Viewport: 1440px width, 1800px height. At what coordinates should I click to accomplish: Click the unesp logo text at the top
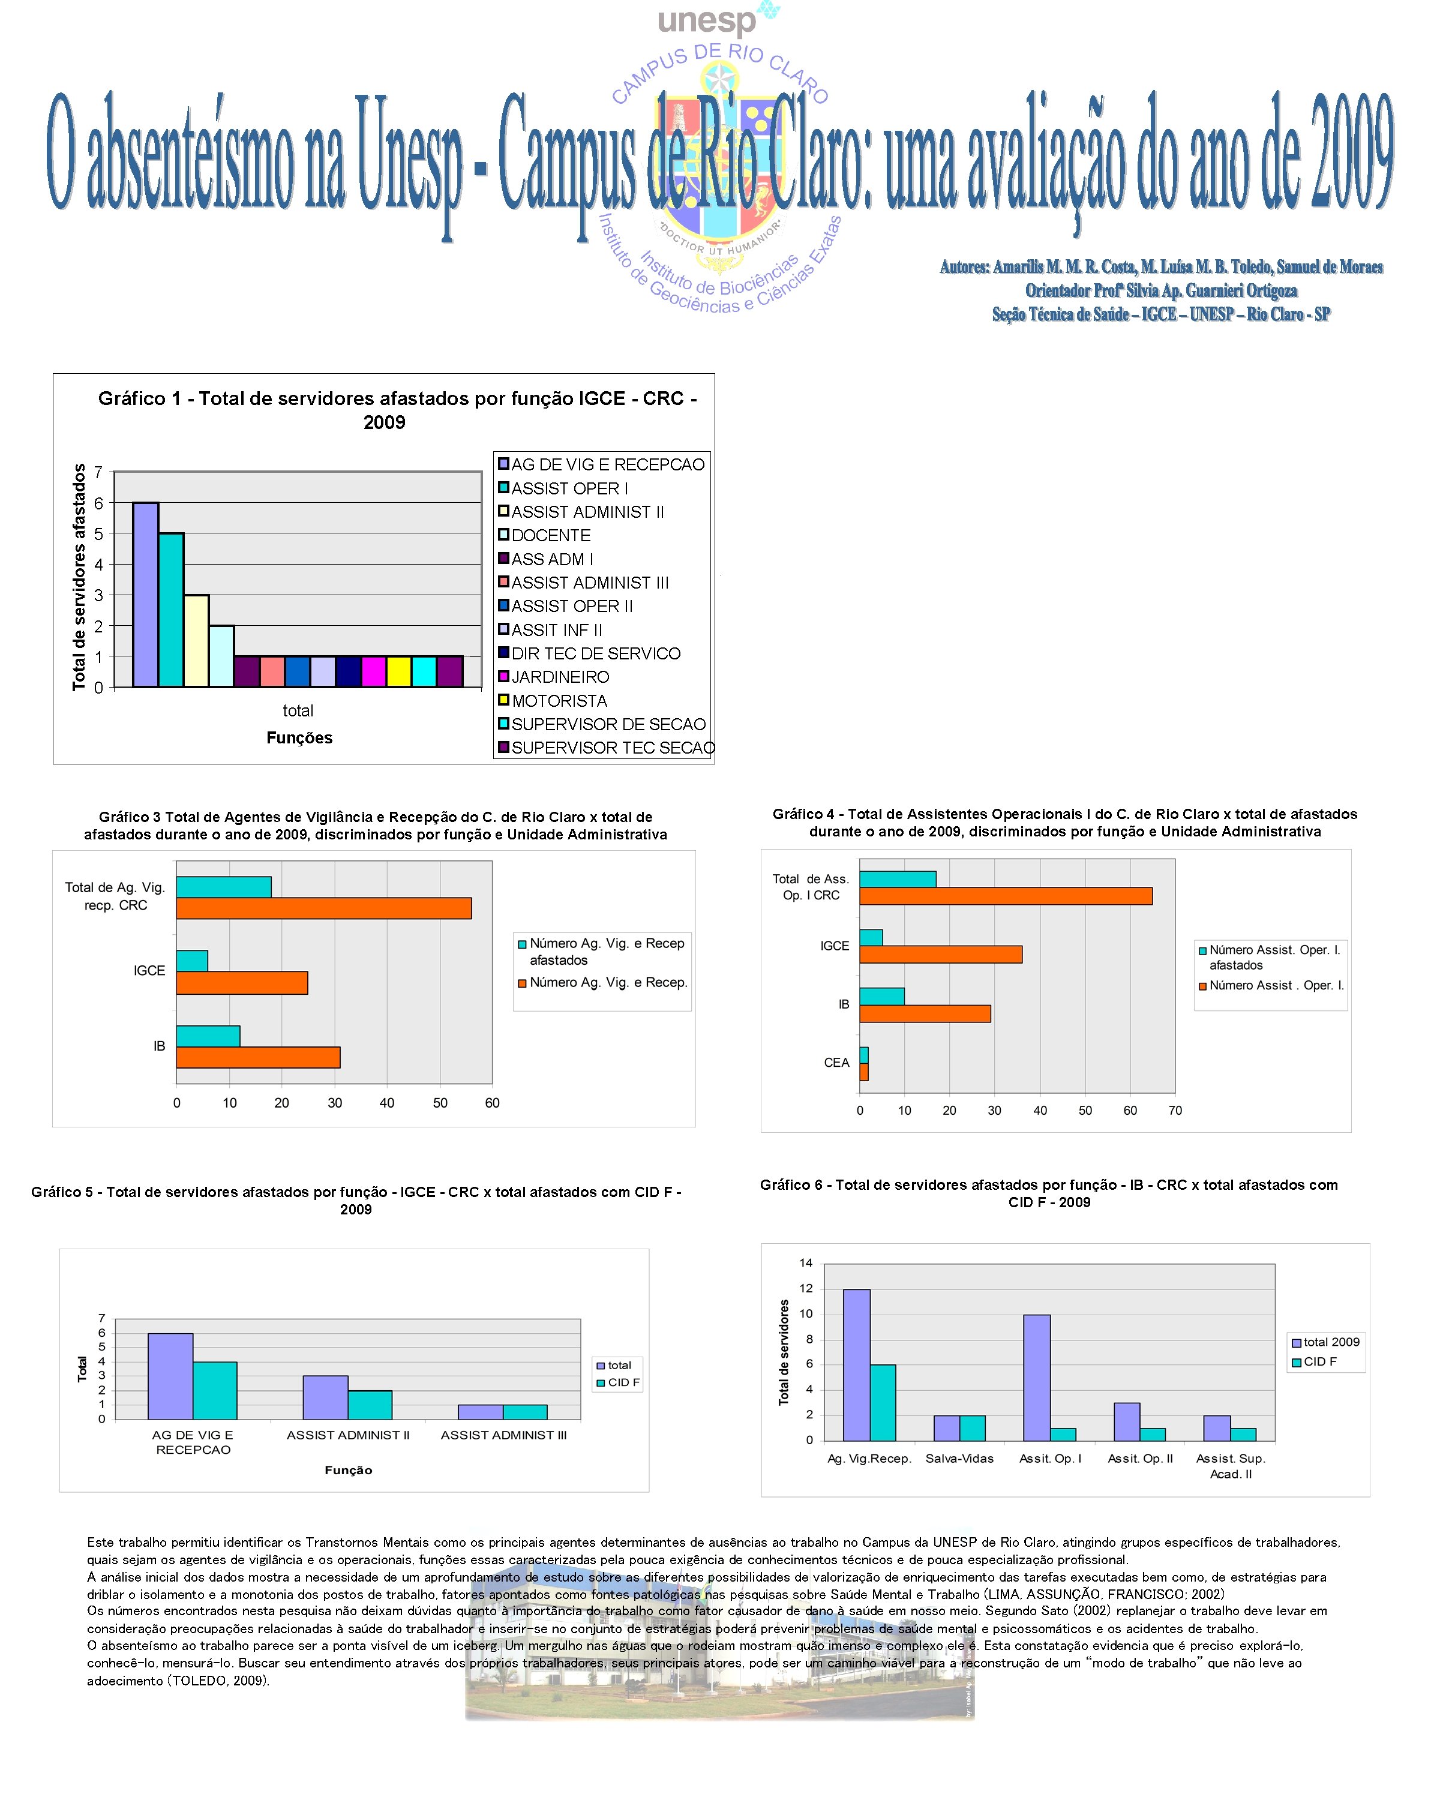707,21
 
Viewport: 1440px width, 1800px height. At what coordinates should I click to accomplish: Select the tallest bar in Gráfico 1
145,595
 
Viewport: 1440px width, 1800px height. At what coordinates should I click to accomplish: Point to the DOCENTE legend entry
550,535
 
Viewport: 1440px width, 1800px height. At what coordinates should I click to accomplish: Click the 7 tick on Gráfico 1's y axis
98,473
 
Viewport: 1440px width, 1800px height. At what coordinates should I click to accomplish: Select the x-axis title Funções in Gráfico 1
299,738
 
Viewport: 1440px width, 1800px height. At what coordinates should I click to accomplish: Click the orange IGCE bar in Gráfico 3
242,983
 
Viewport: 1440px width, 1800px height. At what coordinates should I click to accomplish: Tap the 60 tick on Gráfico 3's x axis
493,1103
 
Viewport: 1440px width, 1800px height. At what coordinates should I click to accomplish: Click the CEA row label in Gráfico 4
836,1063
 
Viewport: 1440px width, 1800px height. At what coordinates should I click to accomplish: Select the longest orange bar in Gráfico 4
1006,896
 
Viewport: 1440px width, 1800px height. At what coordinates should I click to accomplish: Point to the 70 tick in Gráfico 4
1175,1111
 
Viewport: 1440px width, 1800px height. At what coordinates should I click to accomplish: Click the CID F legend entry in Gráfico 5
623,1382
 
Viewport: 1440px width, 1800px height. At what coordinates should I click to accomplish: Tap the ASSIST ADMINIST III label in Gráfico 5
503,1435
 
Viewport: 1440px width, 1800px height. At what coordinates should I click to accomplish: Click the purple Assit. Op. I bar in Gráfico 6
1037,1378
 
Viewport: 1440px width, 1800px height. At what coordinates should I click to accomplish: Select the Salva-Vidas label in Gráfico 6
959,1459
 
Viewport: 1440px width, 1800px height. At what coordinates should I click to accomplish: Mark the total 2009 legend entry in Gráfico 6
1331,1342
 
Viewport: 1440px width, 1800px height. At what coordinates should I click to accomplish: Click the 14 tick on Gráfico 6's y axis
806,1263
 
